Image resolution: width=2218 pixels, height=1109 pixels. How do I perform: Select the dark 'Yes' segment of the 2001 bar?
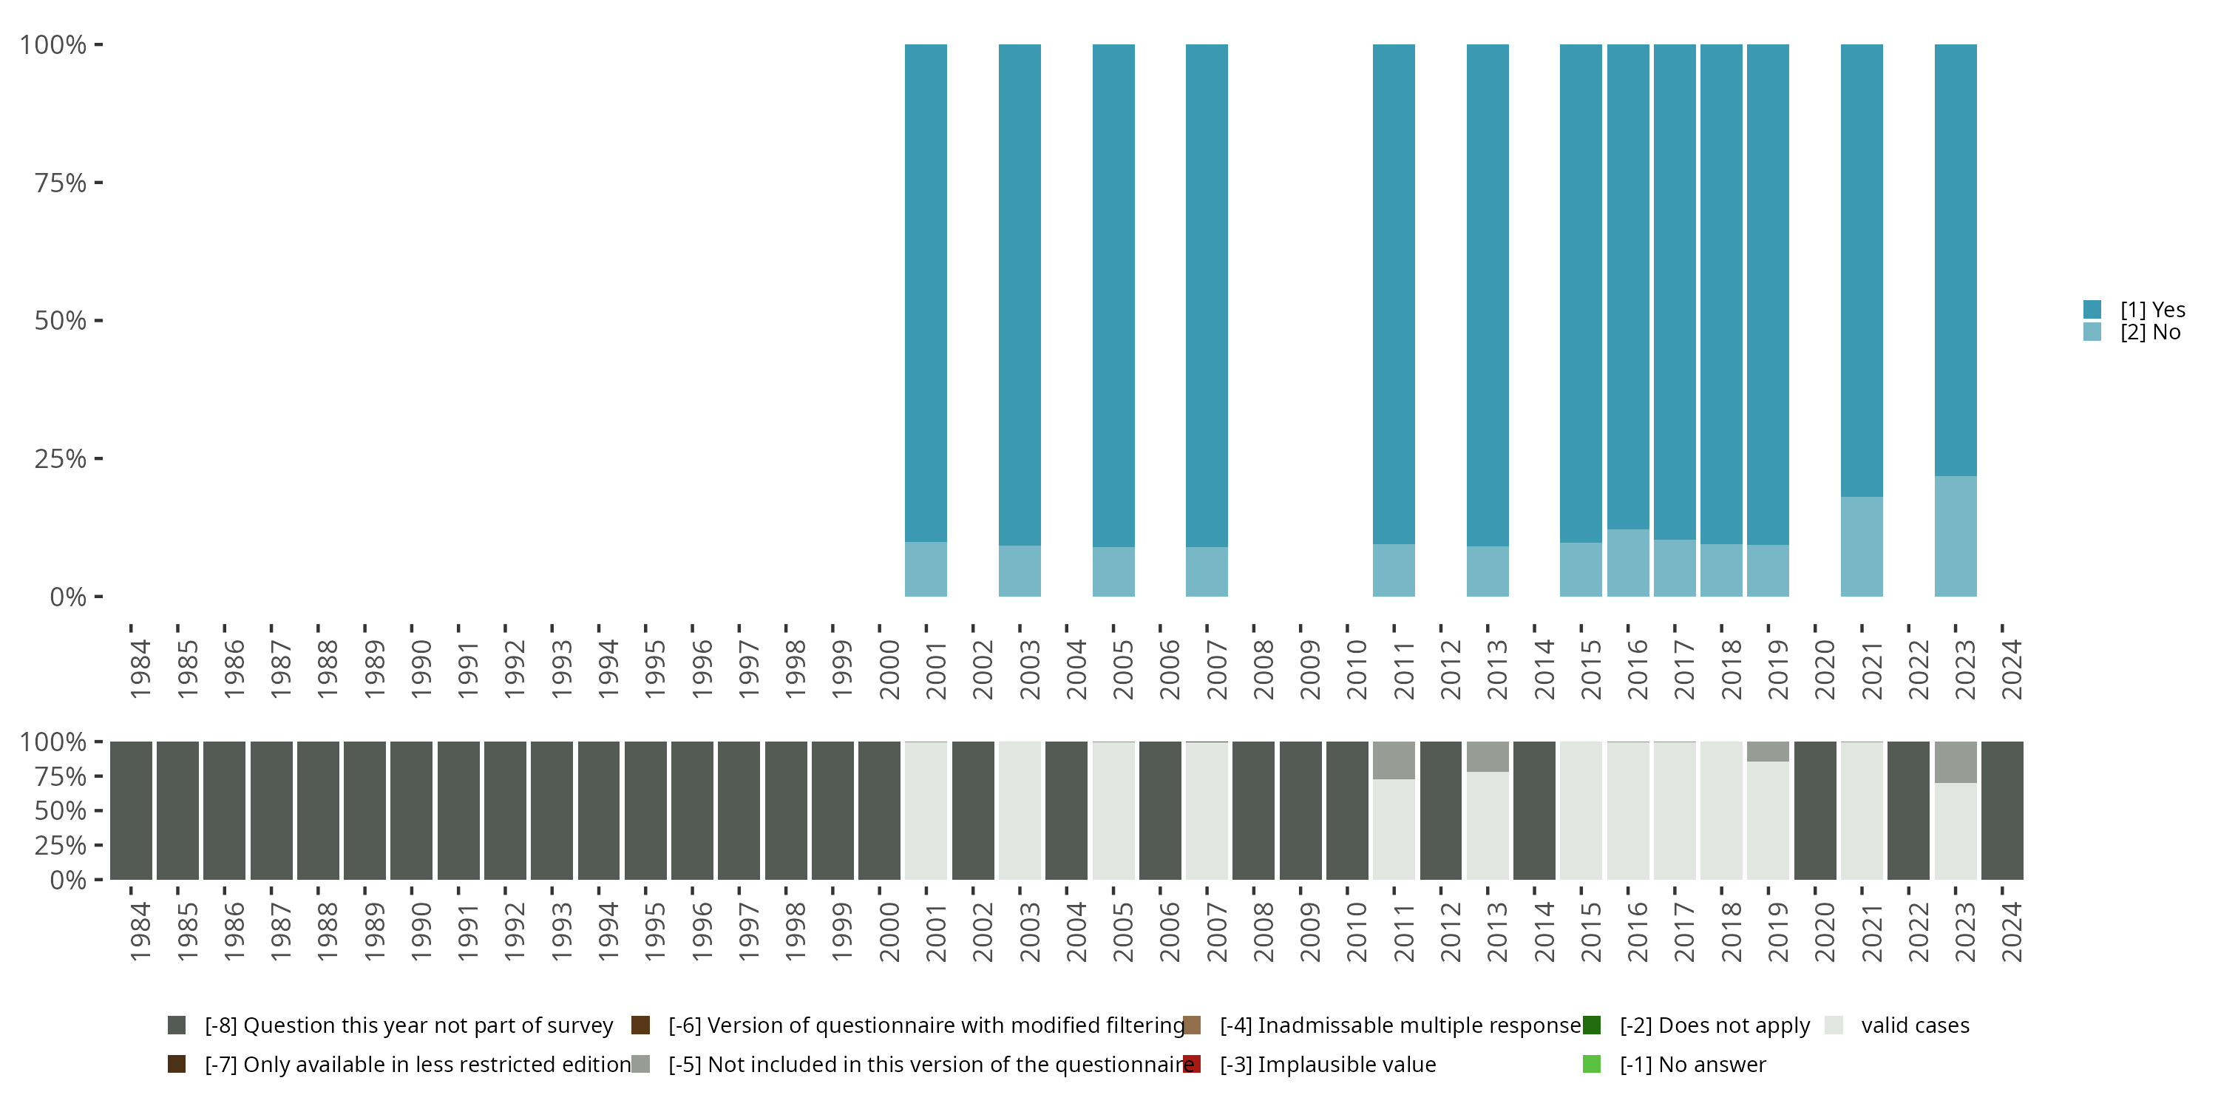(926, 293)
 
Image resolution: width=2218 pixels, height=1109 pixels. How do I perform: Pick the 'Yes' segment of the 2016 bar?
(1627, 287)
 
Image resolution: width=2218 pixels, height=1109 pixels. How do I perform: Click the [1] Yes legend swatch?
(2092, 309)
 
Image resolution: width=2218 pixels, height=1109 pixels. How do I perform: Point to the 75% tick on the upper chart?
(98, 183)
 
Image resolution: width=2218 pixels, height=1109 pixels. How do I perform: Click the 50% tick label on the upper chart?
(61, 321)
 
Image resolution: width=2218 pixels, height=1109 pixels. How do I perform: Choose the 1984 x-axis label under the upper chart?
(140, 670)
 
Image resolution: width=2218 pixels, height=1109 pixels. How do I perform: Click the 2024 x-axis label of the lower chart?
(2011, 932)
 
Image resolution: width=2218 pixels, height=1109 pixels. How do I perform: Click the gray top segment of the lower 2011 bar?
(1393, 759)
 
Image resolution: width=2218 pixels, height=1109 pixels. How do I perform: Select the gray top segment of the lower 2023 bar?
(1955, 762)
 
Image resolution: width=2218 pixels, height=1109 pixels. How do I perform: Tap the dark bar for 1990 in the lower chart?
(412, 810)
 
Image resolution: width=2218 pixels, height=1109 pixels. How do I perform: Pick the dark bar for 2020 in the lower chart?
(1815, 810)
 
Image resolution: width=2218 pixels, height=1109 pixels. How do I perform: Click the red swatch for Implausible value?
(1192, 1064)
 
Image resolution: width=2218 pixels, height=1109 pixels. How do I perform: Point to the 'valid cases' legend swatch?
(1834, 1025)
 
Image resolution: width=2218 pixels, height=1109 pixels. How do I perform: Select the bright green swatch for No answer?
(1591, 1064)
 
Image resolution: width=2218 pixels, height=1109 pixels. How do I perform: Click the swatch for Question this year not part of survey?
(177, 1025)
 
